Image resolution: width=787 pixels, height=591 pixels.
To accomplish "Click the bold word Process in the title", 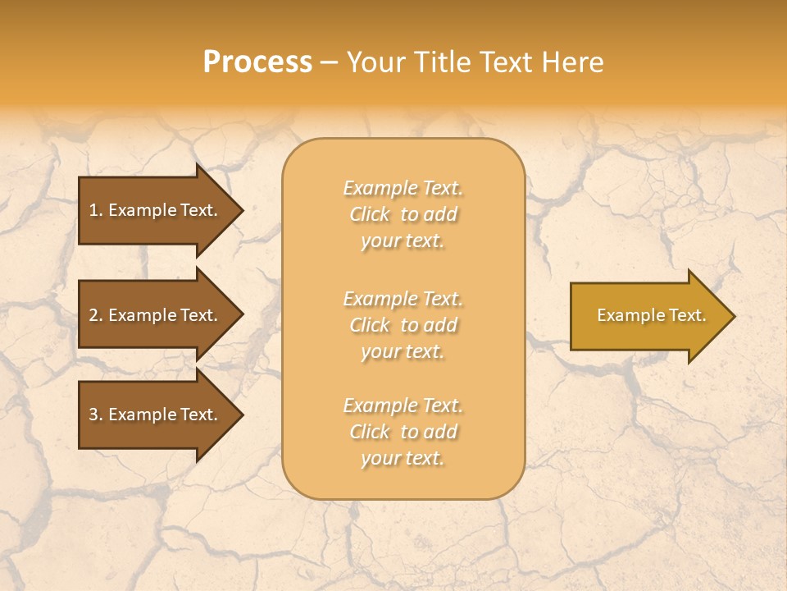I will coord(257,62).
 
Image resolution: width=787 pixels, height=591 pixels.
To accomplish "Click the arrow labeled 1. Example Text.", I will coord(156,210).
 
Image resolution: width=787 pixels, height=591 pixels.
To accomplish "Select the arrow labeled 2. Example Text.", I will coord(156,315).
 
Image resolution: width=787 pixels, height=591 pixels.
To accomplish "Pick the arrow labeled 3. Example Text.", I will coord(156,415).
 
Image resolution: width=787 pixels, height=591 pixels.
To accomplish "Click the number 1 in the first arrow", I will coord(93,210).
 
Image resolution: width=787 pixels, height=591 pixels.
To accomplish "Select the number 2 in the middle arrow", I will coord(93,315).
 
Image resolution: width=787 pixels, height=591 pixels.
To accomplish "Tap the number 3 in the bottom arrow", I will coord(93,415).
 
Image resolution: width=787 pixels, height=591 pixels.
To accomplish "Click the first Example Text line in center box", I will coord(403,188).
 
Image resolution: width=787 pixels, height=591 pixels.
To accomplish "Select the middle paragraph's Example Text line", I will coord(403,299).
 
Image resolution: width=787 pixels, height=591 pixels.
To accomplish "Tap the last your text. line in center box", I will coord(403,459).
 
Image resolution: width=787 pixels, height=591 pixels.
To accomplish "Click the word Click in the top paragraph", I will coord(370,214).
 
